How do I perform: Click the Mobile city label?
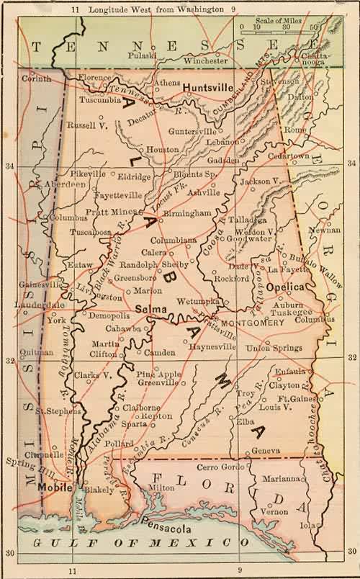click(52, 487)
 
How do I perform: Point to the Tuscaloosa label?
click(90, 233)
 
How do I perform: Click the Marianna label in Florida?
click(280, 478)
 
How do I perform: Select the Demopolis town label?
click(109, 315)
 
